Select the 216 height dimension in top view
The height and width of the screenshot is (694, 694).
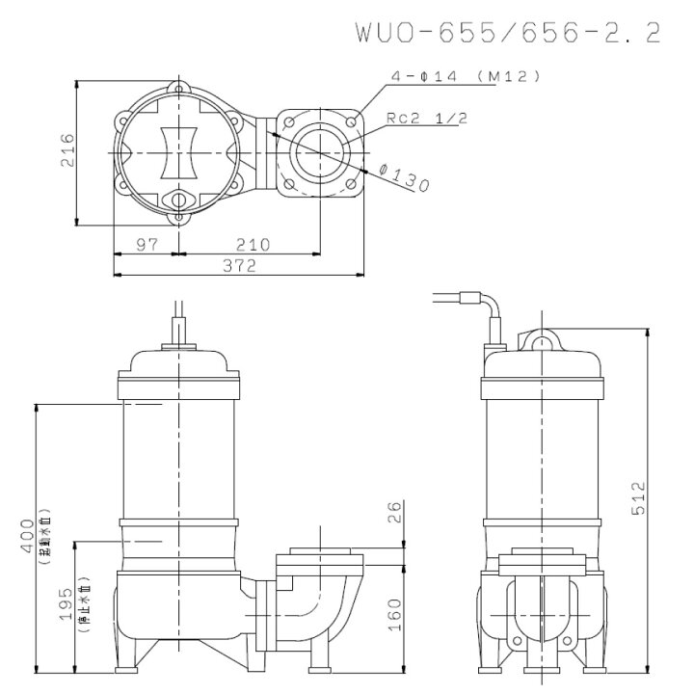coord(67,151)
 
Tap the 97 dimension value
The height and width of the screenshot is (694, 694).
coord(146,245)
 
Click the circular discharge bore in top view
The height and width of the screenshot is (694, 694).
coord(317,153)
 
